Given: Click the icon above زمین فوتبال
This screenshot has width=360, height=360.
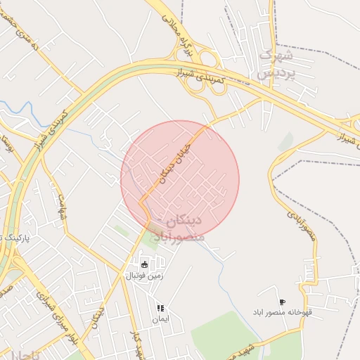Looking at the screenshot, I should pyautogui.click(x=145, y=264).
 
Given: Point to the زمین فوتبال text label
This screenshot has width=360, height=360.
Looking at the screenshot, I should pyautogui.click(x=145, y=276).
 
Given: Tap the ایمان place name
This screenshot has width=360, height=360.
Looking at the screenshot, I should pyautogui.click(x=160, y=319).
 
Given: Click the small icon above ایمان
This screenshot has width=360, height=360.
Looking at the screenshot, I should pyautogui.click(x=160, y=308).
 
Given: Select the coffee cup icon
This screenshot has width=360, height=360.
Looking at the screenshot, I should pyautogui.click(x=283, y=302).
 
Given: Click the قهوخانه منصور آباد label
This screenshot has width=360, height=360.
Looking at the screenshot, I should pyautogui.click(x=283, y=313).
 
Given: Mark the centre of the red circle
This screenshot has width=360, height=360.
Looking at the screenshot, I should pyautogui.click(x=180, y=180).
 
